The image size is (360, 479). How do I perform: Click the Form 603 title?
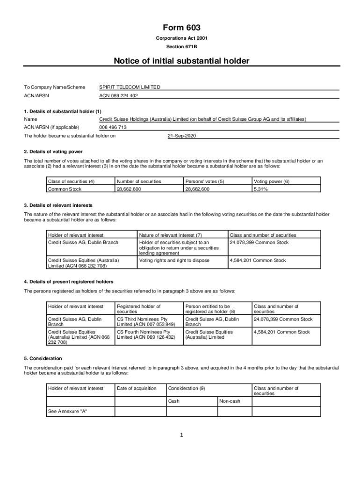point(181,28)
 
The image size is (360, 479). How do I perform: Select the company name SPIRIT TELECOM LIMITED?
point(130,87)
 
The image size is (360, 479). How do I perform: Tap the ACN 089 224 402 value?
point(119,96)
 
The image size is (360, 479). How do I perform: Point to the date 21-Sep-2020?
point(182,136)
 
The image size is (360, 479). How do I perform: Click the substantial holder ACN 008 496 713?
point(113,127)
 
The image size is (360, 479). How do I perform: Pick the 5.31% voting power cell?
point(261,189)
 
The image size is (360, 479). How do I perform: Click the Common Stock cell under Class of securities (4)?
point(65,189)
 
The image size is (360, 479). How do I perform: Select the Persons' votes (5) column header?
point(205,181)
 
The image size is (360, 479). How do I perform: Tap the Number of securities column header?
point(139,181)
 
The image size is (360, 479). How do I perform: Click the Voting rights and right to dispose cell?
point(174,261)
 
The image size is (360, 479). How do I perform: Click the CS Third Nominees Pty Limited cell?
point(146,322)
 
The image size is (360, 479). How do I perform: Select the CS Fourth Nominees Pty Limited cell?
point(146,334)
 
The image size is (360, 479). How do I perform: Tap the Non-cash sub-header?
point(230,401)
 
